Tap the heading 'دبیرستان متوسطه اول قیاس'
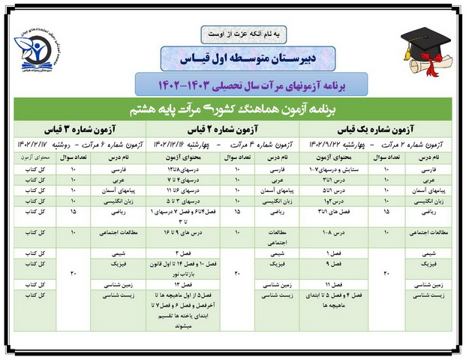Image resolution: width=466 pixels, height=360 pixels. (x=233, y=56)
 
